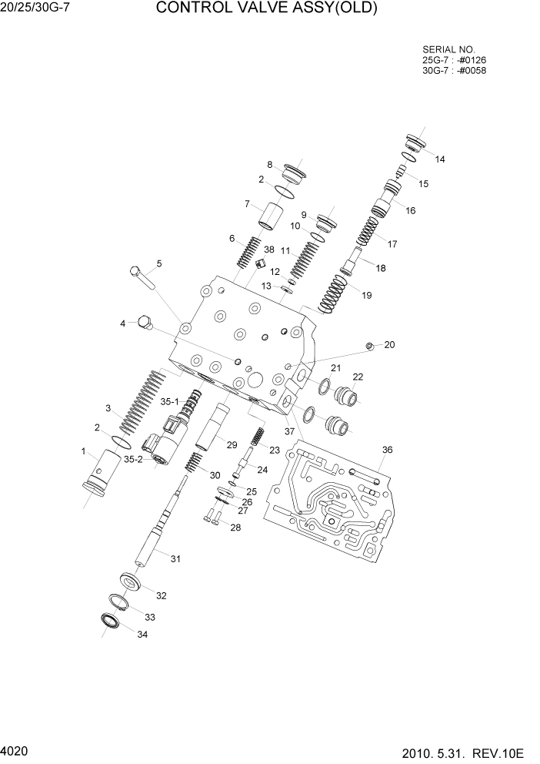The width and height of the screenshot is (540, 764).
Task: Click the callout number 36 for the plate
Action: pyautogui.click(x=387, y=450)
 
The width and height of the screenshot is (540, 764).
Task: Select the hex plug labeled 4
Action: pyautogui.click(x=143, y=324)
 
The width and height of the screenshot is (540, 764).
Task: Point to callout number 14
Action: pyautogui.click(x=440, y=159)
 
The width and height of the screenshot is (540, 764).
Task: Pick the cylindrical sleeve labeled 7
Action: pyautogui.click(x=269, y=215)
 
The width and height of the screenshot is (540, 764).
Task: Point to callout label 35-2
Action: pyautogui.click(x=134, y=459)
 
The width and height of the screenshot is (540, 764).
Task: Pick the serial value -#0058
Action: pyautogui.click(x=472, y=70)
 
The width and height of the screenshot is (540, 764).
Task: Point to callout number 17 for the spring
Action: pyautogui.click(x=392, y=244)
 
